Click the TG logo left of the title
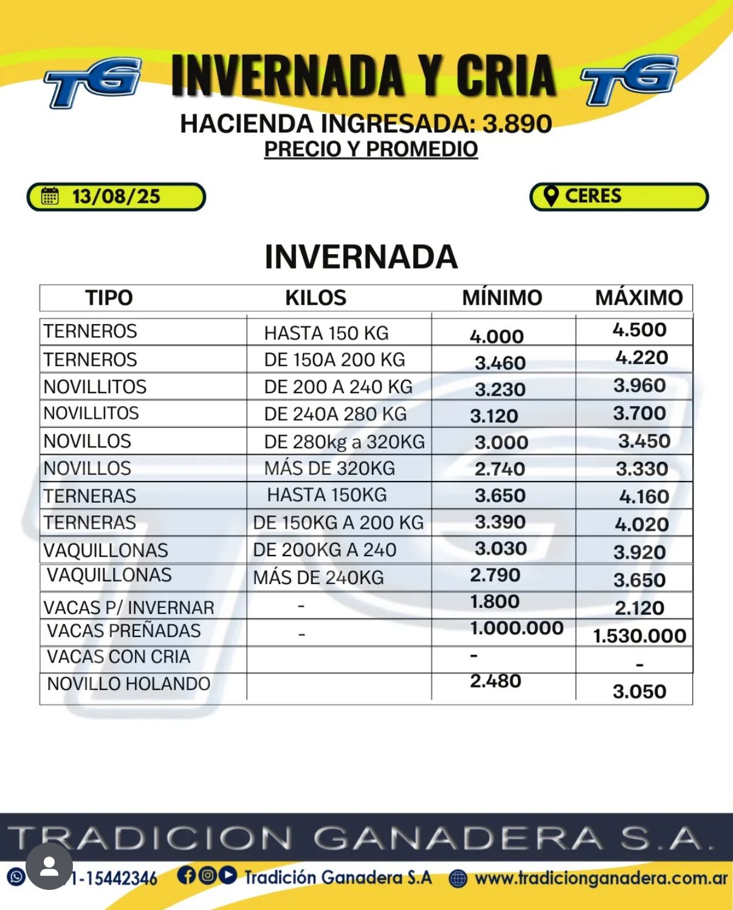pyautogui.click(x=93, y=82)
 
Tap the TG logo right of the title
pyautogui.click(x=629, y=79)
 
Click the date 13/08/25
pyautogui.click(x=116, y=197)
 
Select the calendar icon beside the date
pyautogui.click(x=50, y=196)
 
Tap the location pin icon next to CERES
pyautogui.click(x=551, y=196)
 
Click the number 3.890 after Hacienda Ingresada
pyautogui.click(x=517, y=124)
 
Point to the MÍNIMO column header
pyautogui.click(x=502, y=298)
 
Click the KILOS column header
pyautogui.click(x=315, y=298)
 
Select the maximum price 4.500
pyautogui.click(x=639, y=330)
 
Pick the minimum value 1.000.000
pyautogui.click(x=517, y=628)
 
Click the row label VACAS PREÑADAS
pyautogui.click(x=123, y=631)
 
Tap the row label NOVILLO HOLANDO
pyautogui.click(x=128, y=684)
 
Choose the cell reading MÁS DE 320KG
pyautogui.click(x=329, y=469)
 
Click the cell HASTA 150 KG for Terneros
pyautogui.click(x=326, y=333)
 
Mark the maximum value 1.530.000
pyautogui.click(x=639, y=636)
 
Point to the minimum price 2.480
pyautogui.click(x=495, y=681)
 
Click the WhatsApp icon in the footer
pyautogui.click(x=16, y=877)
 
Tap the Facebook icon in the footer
pyautogui.click(x=187, y=875)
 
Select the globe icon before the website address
pyautogui.click(x=458, y=878)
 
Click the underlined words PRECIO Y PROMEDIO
pyautogui.click(x=371, y=150)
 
